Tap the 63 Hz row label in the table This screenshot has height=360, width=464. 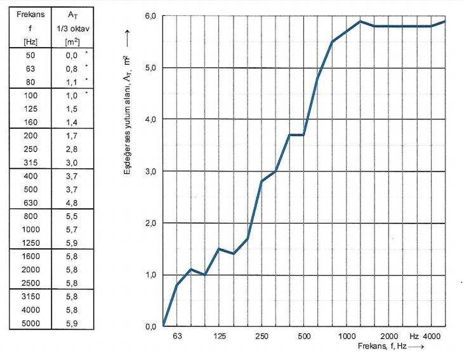[x=31, y=69]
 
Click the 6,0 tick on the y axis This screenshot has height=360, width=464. [x=149, y=15]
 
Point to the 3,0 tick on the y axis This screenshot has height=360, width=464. [x=149, y=171]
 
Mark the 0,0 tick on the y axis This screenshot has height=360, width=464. [x=149, y=326]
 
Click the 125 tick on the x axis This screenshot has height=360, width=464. [x=220, y=336]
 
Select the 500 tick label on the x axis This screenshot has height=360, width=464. [x=304, y=336]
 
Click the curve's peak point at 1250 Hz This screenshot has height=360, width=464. [x=360, y=21]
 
